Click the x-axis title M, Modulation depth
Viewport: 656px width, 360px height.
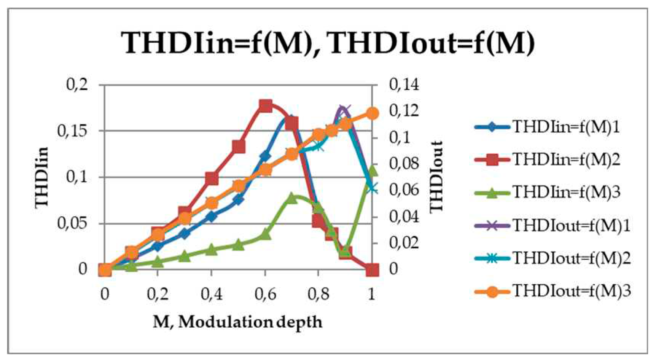tap(238, 322)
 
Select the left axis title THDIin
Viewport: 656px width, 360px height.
tap(42, 177)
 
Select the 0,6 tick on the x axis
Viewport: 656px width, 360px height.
tap(265, 294)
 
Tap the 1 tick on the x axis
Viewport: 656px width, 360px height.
tap(372, 294)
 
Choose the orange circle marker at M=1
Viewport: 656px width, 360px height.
tap(372, 113)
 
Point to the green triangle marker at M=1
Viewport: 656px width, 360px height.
tap(373, 170)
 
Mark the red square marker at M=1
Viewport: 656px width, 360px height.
tap(372, 270)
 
